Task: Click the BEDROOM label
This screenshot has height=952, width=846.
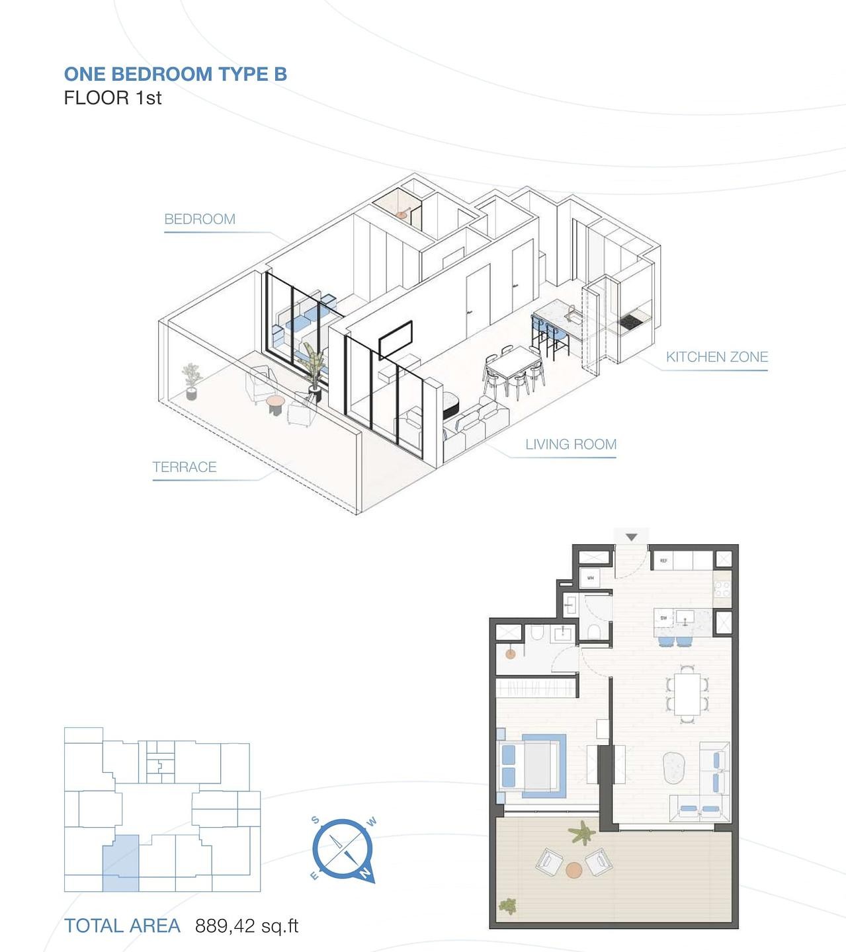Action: pyautogui.click(x=200, y=219)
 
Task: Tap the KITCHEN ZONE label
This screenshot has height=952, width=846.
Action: pyautogui.click(x=716, y=357)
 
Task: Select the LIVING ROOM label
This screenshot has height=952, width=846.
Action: pyautogui.click(x=571, y=444)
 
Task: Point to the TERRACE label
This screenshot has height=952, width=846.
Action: pyautogui.click(x=185, y=467)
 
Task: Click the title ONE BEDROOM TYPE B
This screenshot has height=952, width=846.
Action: pyautogui.click(x=175, y=74)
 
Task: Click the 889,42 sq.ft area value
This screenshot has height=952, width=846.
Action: pyautogui.click(x=247, y=926)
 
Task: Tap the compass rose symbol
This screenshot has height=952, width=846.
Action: pyautogui.click(x=343, y=850)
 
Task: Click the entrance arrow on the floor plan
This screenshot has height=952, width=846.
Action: pyautogui.click(x=632, y=537)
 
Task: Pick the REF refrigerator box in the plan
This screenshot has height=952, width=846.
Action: pyautogui.click(x=663, y=561)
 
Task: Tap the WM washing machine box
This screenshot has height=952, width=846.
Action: pyautogui.click(x=591, y=577)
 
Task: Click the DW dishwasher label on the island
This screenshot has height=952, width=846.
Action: pyautogui.click(x=663, y=618)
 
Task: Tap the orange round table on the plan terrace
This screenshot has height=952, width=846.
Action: pyautogui.click(x=573, y=869)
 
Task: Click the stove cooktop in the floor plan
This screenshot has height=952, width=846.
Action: pyautogui.click(x=722, y=588)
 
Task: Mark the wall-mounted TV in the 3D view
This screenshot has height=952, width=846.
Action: pyautogui.click(x=396, y=339)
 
